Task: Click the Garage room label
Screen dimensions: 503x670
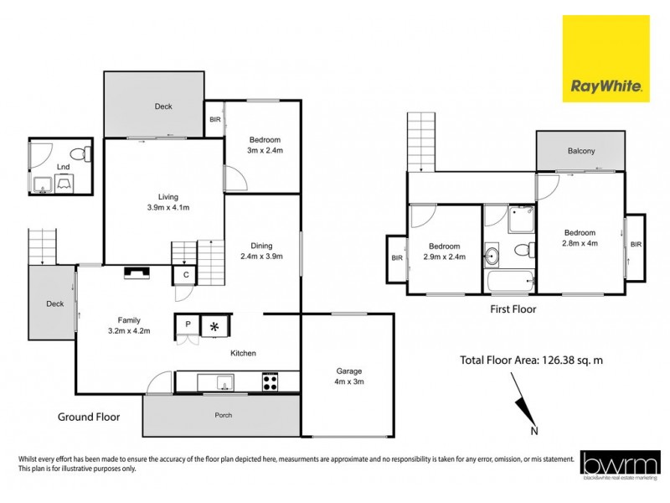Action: coord(348,376)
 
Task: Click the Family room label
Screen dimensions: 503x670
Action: coord(127,325)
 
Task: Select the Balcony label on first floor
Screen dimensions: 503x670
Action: coord(580,151)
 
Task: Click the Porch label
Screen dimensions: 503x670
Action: coord(222,416)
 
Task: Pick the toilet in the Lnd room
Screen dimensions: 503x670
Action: coord(80,153)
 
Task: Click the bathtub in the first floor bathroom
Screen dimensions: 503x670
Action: coord(509,281)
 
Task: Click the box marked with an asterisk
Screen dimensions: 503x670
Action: coord(214,325)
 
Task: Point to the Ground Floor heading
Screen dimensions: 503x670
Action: coord(89,417)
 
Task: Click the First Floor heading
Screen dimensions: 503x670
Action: coord(513,309)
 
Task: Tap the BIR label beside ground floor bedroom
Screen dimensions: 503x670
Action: coord(214,120)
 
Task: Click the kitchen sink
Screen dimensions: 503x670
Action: coord(222,383)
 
